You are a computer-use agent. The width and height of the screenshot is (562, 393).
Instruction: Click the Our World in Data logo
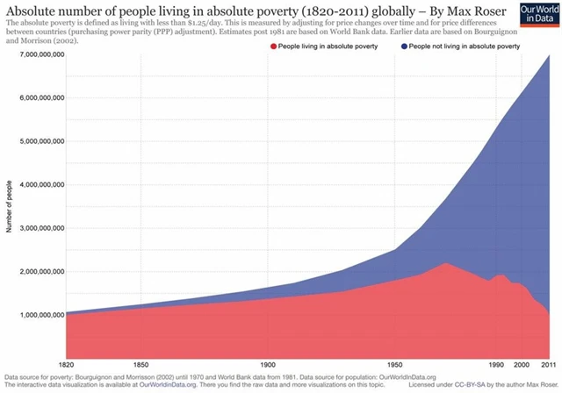(537, 15)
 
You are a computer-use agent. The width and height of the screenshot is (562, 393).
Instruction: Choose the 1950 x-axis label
(397, 363)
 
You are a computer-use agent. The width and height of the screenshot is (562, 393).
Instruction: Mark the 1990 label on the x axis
(498, 363)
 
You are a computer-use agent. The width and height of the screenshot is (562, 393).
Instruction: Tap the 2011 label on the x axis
(549, 363)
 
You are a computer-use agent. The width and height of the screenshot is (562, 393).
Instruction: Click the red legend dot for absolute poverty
(273, 45)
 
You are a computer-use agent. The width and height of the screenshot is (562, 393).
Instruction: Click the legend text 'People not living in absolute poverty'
(458, 45)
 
